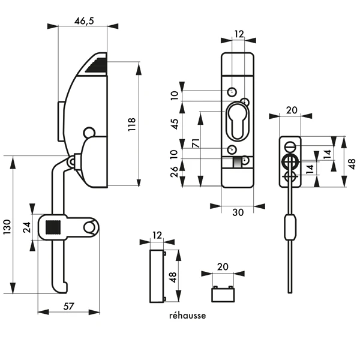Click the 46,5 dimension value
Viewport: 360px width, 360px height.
[x=83, y=20]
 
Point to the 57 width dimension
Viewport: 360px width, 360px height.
[x=68, y=306]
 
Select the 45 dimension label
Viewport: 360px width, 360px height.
[x=175, y=124]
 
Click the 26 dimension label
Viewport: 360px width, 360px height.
[x=175, y=172]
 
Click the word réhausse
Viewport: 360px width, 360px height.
[x=187, y=316]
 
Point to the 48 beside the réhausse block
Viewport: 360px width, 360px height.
[x=172, y=277]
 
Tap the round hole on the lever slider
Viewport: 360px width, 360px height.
[x=89, y=227]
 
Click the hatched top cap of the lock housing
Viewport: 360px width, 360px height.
[x=96, y=65]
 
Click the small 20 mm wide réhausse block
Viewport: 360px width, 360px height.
[x=223, y=293]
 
